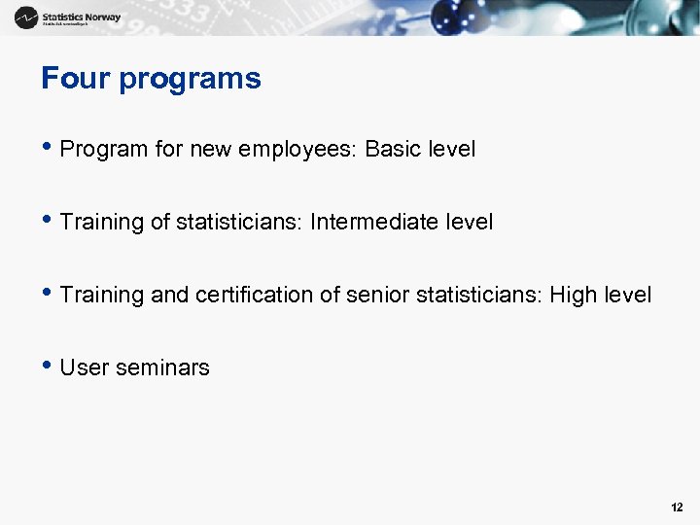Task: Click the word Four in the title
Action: (x=76, y=79)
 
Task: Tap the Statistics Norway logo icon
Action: (x=26, y=17)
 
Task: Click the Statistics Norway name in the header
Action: (x=82, y=17)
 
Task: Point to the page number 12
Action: (x=677, y=507)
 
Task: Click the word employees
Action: (x=297, y=150)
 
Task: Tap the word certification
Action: (x=256, y=295)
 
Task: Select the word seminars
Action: (x=162, y=367)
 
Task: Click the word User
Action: (x=85, y=367)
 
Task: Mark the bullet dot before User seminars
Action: (x=47, y=367)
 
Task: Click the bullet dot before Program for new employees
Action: (x=47, y=149)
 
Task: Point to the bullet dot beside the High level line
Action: (x=47, y=294)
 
